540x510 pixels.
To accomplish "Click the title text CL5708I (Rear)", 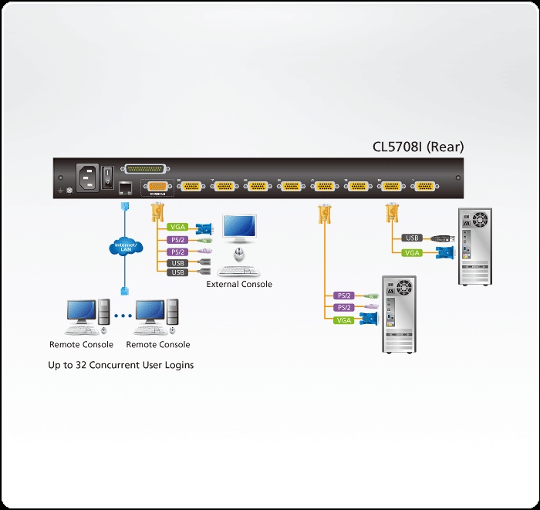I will (419, 147).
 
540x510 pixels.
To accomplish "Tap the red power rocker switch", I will (108, 172).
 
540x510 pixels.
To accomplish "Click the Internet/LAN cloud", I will (123, 248).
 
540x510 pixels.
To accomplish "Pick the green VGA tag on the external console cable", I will (177, 228).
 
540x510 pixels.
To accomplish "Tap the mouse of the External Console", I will (239, 255).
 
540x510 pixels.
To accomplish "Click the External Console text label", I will (239, 285).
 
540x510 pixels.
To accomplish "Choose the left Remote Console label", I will (81, 345).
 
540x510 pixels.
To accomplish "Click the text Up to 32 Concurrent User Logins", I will (120, 365).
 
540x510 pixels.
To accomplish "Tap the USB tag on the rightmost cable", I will (412, 238).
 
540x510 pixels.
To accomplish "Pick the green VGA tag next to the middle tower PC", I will (343, 319).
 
